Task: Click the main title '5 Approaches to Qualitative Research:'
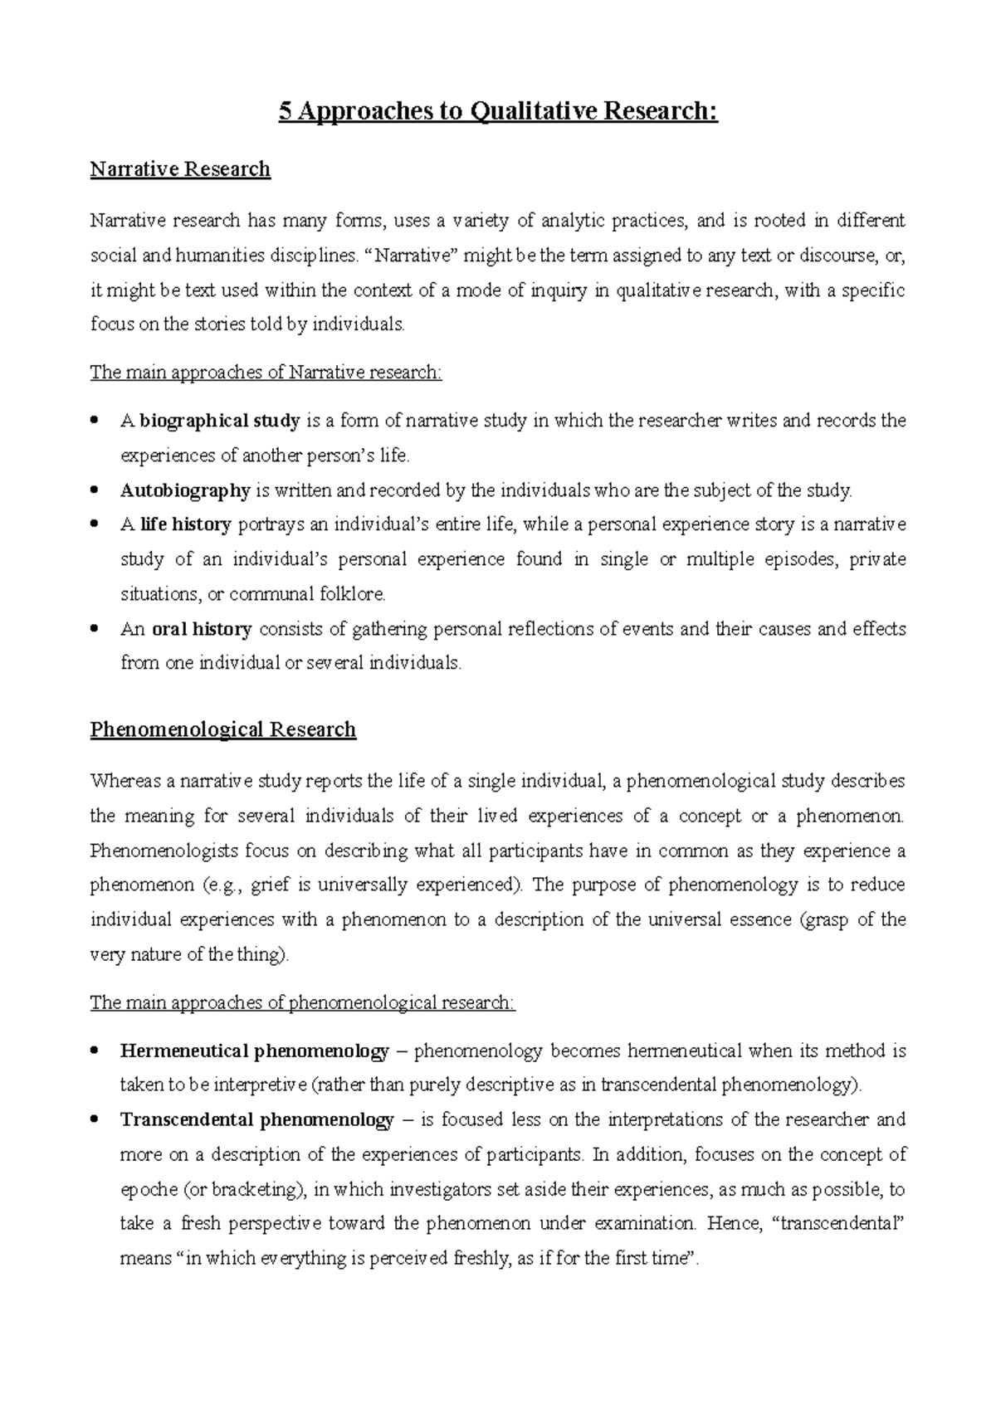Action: (x=498, y=111)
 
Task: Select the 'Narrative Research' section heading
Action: (x=180, y=169)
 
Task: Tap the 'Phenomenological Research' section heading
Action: (x=222, y=729)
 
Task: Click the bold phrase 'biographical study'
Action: (x=219, y=421)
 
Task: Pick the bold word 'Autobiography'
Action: (x=185, y=490)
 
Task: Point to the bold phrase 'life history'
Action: (x=185, y=524)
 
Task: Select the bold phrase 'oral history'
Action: (x=202, y=629)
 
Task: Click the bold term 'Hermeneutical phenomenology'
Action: (x=254, y=1051)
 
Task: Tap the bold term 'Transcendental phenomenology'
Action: (x=256, y=1120)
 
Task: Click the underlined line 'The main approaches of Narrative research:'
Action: (x=266, y=373)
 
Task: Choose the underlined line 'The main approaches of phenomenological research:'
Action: (x=302, y=1002)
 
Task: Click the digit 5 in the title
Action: (x=285, y=111)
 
